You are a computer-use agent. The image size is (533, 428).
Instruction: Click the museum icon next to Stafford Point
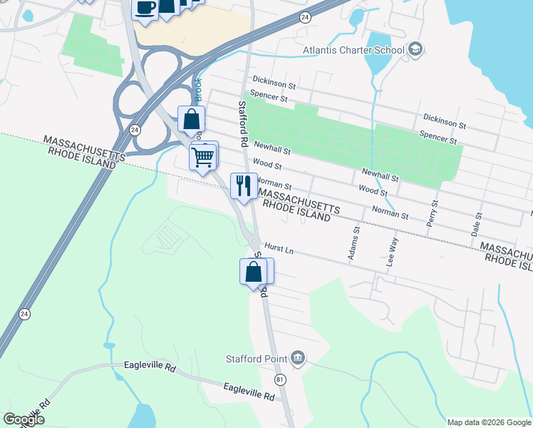(x=298, y=358)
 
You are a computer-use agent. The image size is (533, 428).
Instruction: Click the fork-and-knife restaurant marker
(x=244, y=186)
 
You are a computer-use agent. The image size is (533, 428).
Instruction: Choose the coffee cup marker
(x=145, y=9)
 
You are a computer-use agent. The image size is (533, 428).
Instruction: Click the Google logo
(x=24, y=419)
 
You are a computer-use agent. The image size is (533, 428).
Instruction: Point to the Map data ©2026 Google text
(x=489, y=422)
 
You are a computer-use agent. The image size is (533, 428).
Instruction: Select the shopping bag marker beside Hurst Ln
(x=254, y=272)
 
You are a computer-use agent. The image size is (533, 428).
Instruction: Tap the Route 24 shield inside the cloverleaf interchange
(x=135, y=130)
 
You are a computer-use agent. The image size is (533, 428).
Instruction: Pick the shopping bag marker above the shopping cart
(x=192, y=119)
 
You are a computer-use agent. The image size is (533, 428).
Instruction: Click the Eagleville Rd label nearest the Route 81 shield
(x=248, y=392)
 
